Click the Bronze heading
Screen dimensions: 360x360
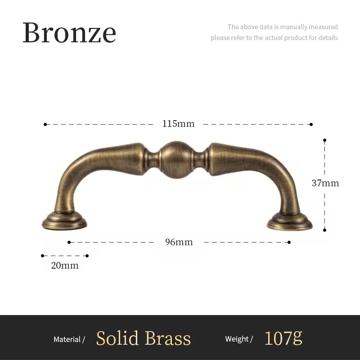pyautogui.click(x=69, y=32)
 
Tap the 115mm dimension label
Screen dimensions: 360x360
pyautogui.click(x=178, y=124)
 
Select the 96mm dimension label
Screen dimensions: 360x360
pyautogui.click(x=179, y=242)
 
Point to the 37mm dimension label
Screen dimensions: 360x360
pyautogui.click(x=325, y=183)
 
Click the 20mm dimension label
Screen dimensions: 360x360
pyautogui.click(x=65, y=265)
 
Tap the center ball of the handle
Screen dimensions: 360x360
pyautogui.click(x=176, y=159)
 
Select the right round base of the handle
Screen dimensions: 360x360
pyautogui.click(x=289, y=222)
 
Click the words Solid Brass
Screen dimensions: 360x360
pyautogui.click(x=144, y=338)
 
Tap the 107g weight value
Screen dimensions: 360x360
pyautogui.click(x=283, y=338)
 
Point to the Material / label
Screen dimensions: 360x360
pyautogui.click(x=69, y=339)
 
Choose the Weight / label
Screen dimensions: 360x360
pyautogui.click(x=239, y=339)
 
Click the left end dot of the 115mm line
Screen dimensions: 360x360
pyautogui.click(x=45, y=124)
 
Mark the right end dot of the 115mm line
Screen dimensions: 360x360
pyautogui.click(x=311, y=124)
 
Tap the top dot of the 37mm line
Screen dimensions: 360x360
pyautogui.click(x=324, y=140)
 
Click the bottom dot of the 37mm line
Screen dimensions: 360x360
pyautogui.click(x=324, y=230)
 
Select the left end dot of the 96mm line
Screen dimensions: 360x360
pyautogui.click(x=69, y=242)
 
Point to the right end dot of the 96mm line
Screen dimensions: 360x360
pyautogui.click(x=289, y=242)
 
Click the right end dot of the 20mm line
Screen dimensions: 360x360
pyautogui.click(x=87, y=256)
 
